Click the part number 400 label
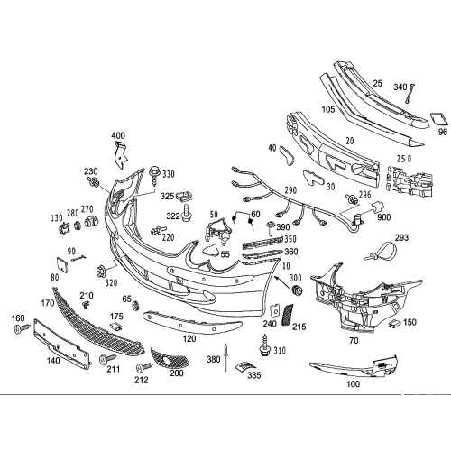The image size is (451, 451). [x=118, y=135]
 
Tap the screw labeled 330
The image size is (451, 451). [x=155, y=177]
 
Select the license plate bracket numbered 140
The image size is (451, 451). [x=61, y=344]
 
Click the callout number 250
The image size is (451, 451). [x=404, y=159]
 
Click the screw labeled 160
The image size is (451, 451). [x=22, y=328]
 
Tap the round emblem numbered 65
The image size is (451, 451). [x=135, y=305]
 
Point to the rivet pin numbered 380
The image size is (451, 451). [x=225, y=357]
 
